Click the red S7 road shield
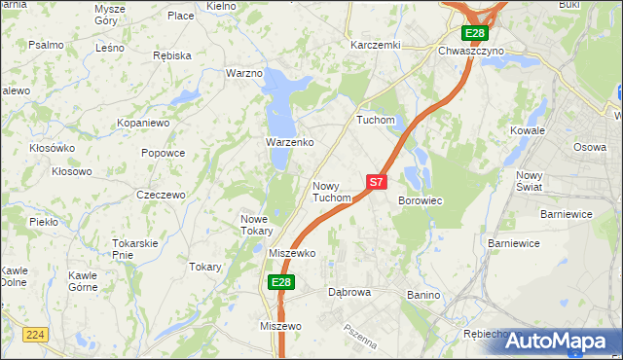coord(378,182)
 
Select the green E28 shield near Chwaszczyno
coord(474,33)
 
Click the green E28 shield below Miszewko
coord(280,282)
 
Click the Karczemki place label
coord(376,45)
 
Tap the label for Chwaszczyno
coord(471,51)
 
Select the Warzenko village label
coord(289,142)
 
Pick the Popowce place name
coord(163,153)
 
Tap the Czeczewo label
coord(161,195)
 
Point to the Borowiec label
coord(421,200)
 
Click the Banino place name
coord(424,294)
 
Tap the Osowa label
coord(589,147)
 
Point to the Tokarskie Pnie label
coord(134,248)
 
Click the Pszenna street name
coord(359,337)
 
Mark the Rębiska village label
coord(172,55)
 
